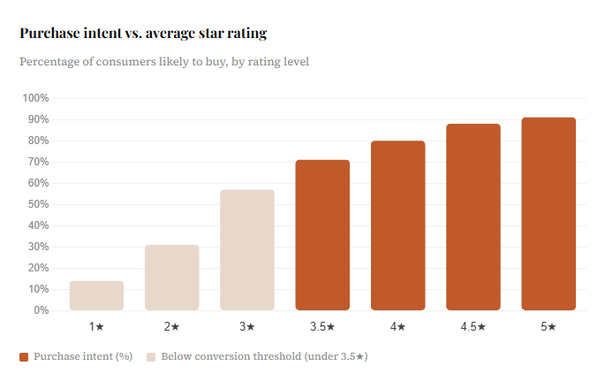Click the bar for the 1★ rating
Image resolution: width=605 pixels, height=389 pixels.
coord(96,295)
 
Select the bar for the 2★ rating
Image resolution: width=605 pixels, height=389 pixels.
coord(172,278)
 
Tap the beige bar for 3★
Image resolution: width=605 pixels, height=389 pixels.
coord(247,250)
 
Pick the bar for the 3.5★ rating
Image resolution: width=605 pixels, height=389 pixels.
coord(322,235)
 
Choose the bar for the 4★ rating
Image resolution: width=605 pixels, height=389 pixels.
coord(398,225)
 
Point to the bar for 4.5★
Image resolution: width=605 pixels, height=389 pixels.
coord(473,217)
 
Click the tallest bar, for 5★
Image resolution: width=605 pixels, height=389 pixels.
coord(548,214)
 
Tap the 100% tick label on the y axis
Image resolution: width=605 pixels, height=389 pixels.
coord(35,98)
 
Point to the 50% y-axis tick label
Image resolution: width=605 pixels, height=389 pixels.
coord(38,204)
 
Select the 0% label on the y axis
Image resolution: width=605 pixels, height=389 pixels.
coord(42,310)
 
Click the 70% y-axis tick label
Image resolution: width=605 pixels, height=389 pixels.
coord(38,162)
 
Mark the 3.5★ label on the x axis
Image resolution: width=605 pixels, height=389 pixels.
coord(322,327)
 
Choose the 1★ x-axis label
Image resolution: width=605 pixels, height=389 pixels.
coord(96,327)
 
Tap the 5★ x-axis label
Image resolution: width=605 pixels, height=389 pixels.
coord(548,327)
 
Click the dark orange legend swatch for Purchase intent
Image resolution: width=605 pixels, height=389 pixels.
coord(24,357)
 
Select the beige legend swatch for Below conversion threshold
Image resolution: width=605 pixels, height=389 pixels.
coord(151,357)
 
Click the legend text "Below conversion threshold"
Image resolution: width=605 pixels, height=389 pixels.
coord(231,356)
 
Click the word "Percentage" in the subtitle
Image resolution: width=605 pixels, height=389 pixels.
coord(49,62)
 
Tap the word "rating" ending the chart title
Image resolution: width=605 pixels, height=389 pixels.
coord(247,34)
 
